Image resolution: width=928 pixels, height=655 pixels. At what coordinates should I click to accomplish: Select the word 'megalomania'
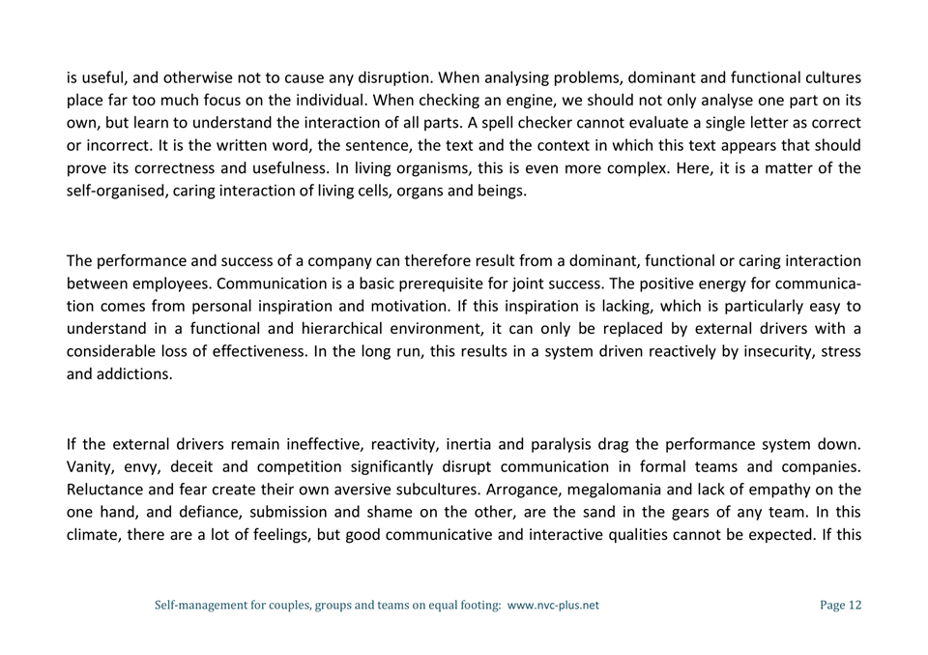[x=641, y=490]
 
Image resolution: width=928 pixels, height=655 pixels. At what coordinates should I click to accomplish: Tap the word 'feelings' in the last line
[x=307, y=534]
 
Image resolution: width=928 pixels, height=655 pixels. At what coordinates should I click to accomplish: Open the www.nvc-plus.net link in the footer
[x=553, y=606]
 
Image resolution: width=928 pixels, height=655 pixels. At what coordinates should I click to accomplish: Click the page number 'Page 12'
[x=840, y=606]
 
